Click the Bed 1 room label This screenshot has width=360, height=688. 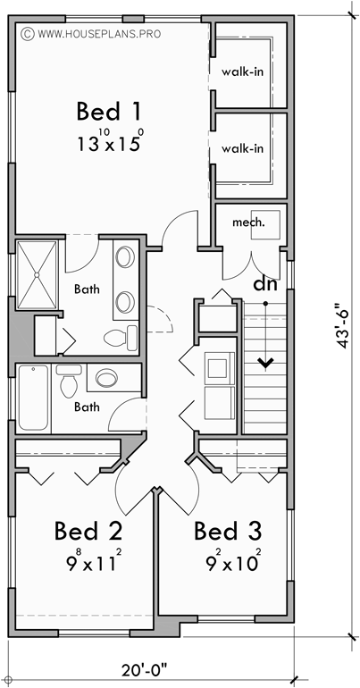click(110, 112)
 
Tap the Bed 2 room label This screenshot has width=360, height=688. click(88, 531)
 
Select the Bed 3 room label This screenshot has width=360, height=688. click(228, 531)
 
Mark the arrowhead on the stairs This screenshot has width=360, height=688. click(265, 363)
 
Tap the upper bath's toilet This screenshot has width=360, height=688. click(121, 337)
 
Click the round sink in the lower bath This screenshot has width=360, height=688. click(106, 378)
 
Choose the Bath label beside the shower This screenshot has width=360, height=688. click(87, 289)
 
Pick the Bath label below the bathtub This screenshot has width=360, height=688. click(87, 407)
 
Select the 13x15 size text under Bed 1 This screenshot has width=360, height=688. click(110, 143)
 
